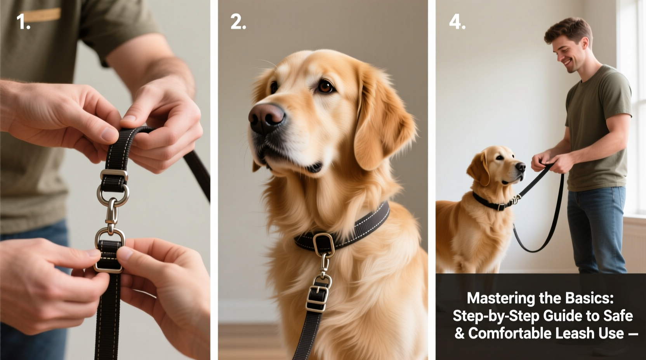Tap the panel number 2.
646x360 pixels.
pyautogui.click(x=238, y=22)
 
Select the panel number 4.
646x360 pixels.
pyautogui.click(x=457, y=22)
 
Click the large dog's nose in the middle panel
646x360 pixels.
pyautogui.click(x=266, y=117)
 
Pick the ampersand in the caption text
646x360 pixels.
pyautogui.click(x=459, y=333)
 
